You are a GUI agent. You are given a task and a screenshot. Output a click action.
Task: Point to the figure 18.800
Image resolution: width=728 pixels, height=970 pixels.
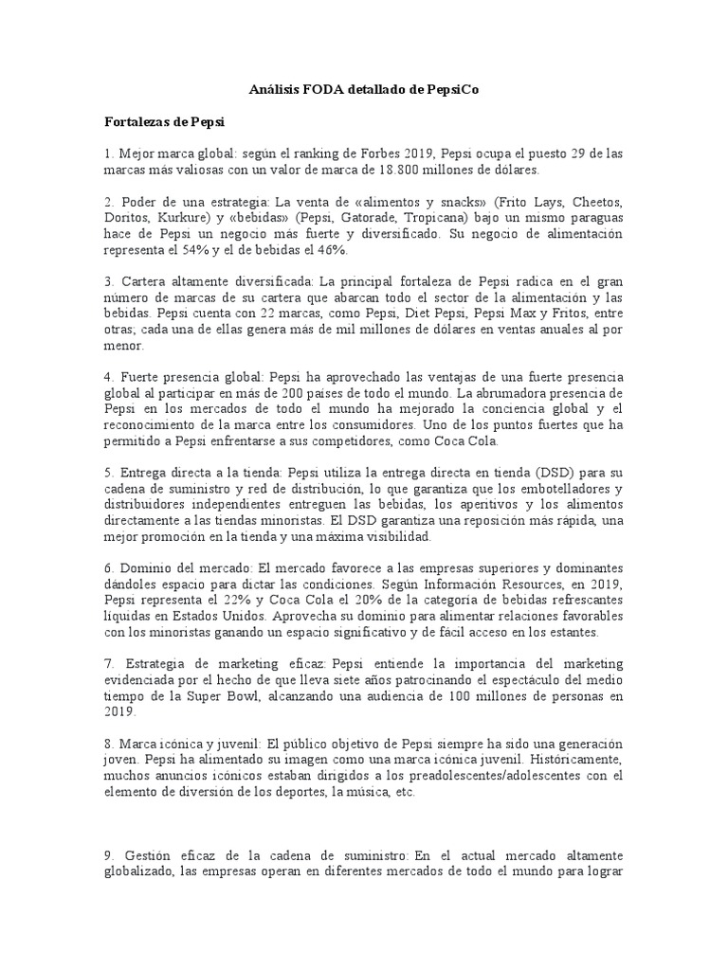[x=430, y=170]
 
